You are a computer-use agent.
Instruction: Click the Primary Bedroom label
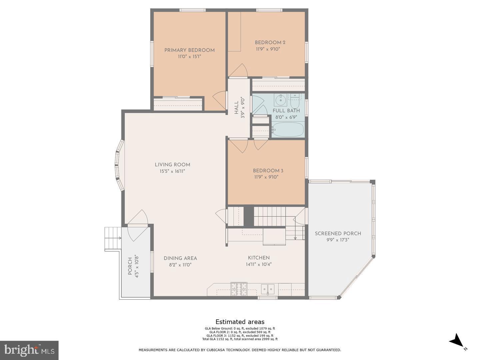[189, 50]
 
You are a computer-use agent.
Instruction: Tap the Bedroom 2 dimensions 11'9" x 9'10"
[266, 49]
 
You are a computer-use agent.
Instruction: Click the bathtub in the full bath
[287, 129]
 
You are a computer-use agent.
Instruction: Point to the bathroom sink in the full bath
[280, 99]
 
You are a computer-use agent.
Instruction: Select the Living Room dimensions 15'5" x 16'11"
[172, 171]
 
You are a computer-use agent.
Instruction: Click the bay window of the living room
[119, 165]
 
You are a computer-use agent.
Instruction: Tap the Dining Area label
[180, 258]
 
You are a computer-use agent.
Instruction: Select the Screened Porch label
[338, 233]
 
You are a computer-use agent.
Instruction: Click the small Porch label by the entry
[130, 266]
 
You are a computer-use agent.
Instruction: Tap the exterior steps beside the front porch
[113, 238]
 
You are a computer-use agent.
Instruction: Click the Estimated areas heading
[240, 322]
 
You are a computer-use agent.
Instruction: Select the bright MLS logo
[29, 350]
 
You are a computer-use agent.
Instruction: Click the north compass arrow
[457, 341]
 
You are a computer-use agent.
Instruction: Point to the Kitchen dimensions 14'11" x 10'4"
[259, 265]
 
